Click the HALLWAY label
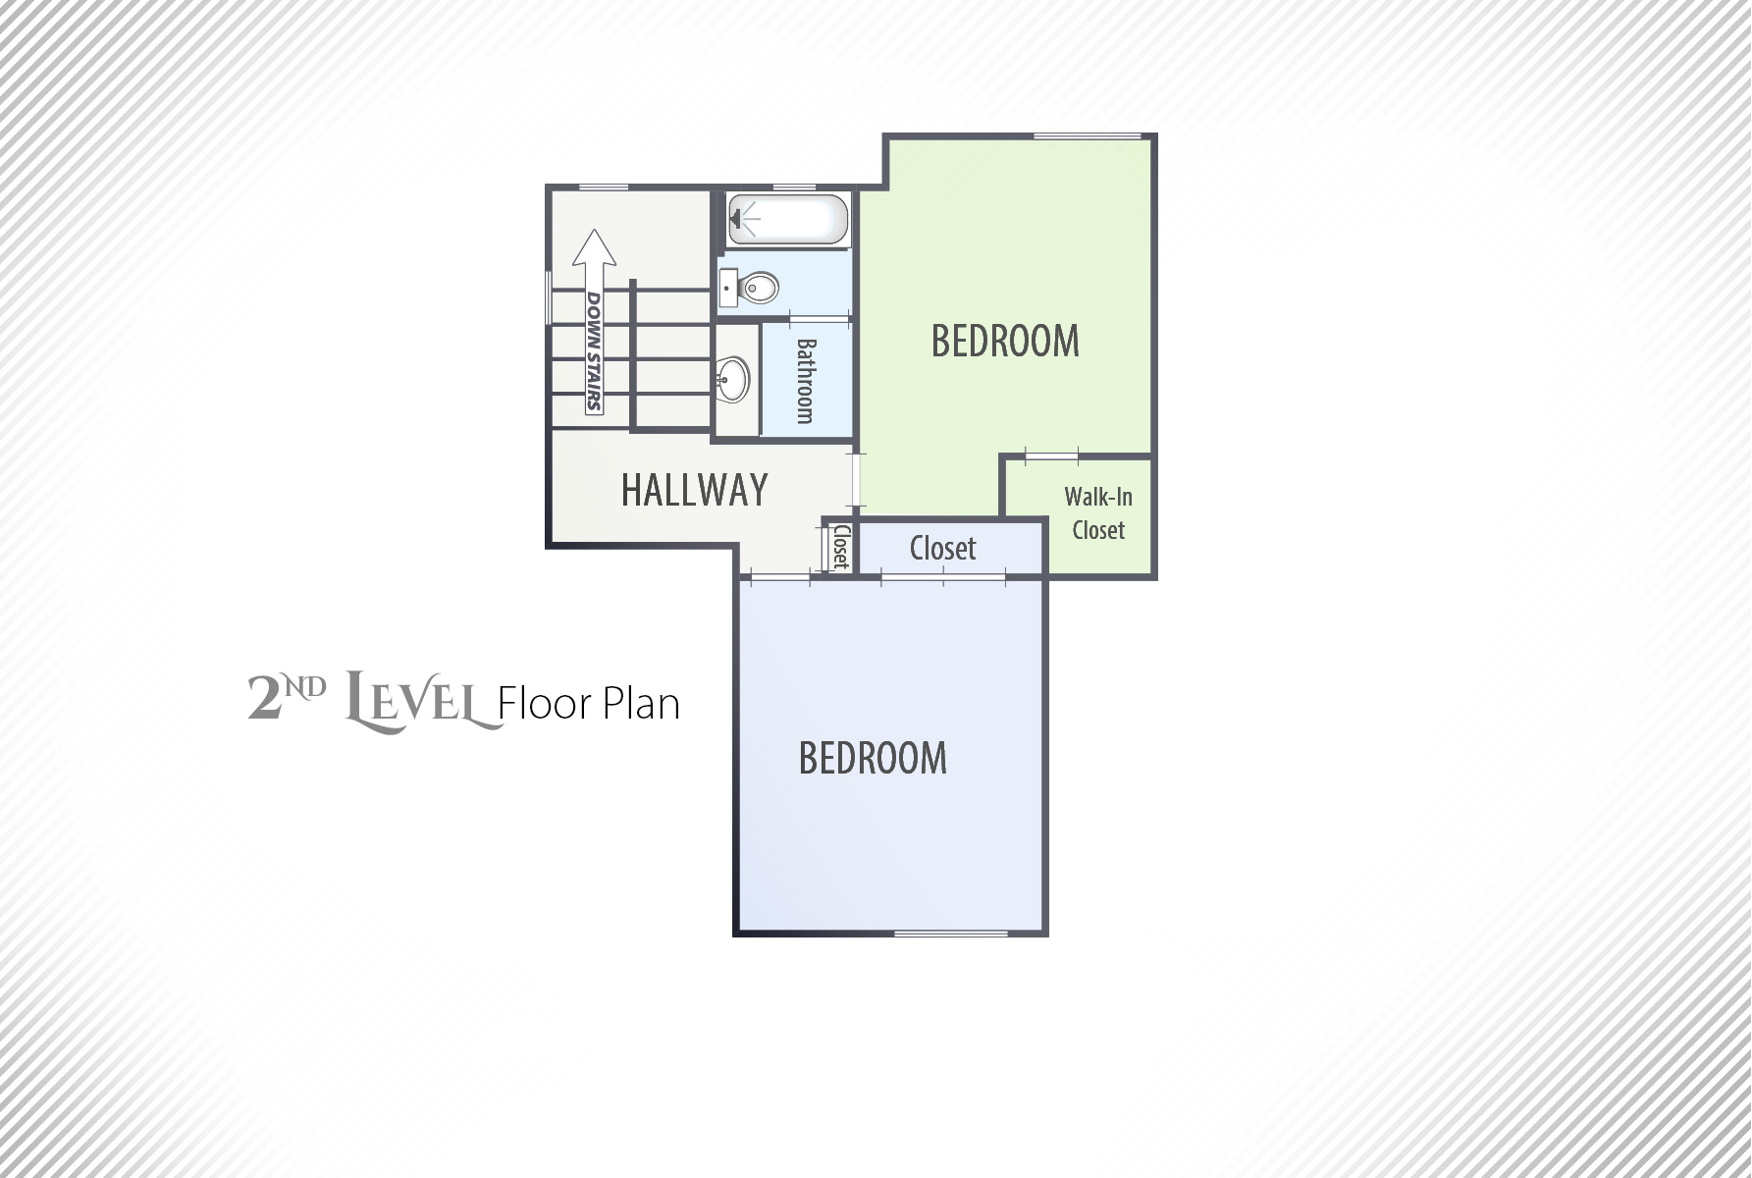pos(694,489)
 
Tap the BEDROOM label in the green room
pos(1005,341)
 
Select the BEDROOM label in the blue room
pos(873,758)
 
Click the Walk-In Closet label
pos(1098,513)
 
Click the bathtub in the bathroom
pos(787,219)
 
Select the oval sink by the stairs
pos(732,378)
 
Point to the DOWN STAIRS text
pos(594,350)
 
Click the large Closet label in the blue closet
pos(942,548)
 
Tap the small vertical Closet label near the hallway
pos(841,548)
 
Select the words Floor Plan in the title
pos(589,704)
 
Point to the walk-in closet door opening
pos(1052,455)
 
